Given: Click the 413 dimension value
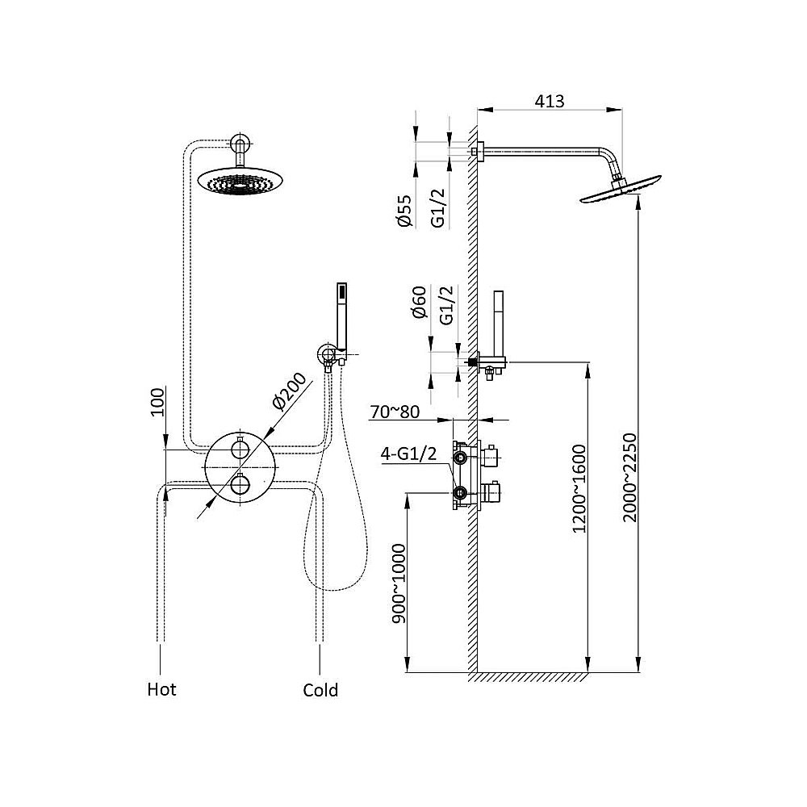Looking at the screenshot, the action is [x=549, y=102].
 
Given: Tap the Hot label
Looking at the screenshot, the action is [x=161, y=689].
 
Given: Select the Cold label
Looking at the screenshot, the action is [x=320, y=690].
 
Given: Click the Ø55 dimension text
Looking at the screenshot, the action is [x=405, y=211].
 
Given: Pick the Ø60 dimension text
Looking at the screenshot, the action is [x=420, y=302].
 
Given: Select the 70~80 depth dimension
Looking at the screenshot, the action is [x=395, y=412].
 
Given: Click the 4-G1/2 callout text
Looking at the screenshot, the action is [x=408, y=454].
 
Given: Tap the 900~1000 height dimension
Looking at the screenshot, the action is [x=399, y=583].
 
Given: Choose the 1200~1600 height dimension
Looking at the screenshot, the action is [x=579, y=488].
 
